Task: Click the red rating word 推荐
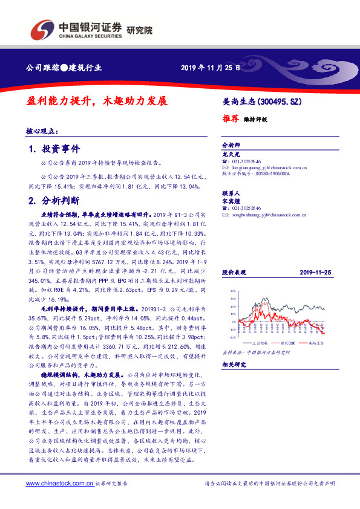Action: [x=230, y=119]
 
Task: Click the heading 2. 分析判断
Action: [x=54, y=199]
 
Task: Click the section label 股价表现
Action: [x=233, y=273]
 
